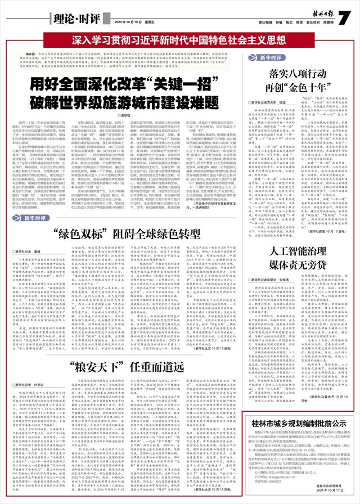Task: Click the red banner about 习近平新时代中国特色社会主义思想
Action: point(179,40)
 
